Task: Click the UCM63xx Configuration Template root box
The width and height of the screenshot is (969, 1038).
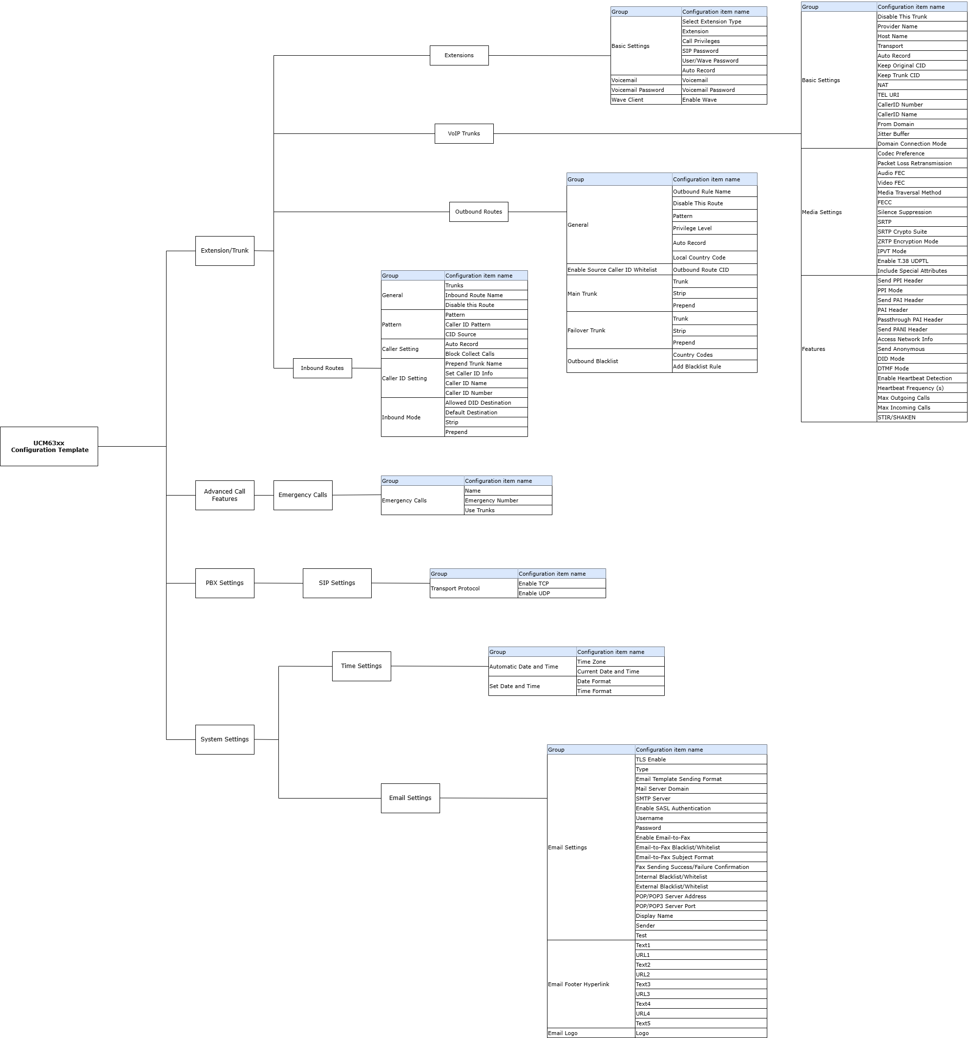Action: (49, 446)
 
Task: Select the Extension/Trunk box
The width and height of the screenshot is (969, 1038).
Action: (225, 251)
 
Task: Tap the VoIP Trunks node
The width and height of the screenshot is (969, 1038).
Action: (464, 134)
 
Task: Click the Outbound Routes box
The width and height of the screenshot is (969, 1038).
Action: (479, 212)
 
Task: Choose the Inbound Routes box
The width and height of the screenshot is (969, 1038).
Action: (322, 368)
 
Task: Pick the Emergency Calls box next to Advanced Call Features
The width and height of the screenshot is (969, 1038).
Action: (303, 495)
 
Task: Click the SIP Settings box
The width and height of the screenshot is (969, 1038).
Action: (337, 583)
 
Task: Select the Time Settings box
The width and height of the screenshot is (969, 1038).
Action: (361, 666)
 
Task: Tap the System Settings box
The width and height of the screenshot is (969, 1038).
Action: (225, 739)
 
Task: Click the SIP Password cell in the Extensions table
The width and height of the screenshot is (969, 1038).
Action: (724, 51)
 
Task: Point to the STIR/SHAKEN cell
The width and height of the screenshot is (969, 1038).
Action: (922, 417)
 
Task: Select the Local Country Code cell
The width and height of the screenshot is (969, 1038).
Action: (715, 258)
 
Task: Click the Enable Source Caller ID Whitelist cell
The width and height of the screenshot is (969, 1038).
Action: (619, 270)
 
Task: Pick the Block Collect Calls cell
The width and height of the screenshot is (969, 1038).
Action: (486, 354)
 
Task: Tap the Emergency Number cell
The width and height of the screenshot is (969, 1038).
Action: (508, 501)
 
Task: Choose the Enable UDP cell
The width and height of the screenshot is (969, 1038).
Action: (562, 593)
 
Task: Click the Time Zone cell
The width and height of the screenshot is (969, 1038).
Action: (620, 662)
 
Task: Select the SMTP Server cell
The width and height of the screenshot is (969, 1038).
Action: (701, 799)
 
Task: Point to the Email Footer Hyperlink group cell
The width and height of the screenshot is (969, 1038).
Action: (591, 984)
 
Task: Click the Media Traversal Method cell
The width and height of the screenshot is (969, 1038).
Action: (922, 193)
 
